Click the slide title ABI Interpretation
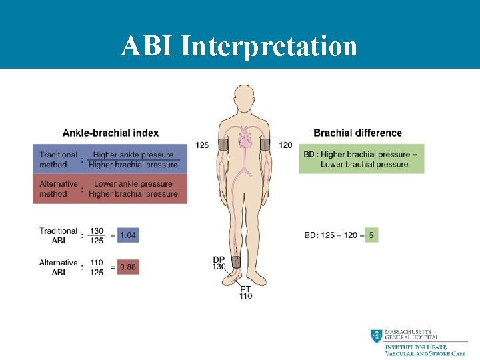pos(239,46)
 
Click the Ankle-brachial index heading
pos(111,133)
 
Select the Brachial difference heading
pos(357,133)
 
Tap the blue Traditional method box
pos(110,160)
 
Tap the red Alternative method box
pos(110,189)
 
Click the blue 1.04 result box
pos(128,235)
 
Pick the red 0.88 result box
pos(128,267)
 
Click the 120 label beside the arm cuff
pos(285,145)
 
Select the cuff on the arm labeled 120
pos(265,145)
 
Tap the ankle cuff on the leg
pos(236,262)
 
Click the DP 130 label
pos(219,263)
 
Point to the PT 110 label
pos(246,292)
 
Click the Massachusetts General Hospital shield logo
pos(377,337)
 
